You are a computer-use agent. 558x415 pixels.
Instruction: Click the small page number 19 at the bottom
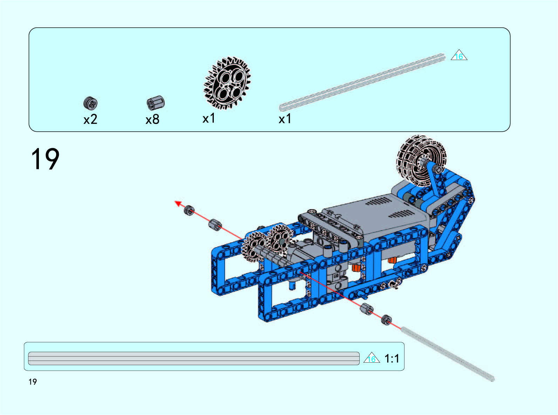click(33, 382)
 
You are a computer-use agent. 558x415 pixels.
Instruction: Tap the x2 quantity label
click(90, 119)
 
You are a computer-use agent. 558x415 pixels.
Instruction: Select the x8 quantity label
click(152, 119)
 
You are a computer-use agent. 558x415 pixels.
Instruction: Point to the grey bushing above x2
click(90, 103)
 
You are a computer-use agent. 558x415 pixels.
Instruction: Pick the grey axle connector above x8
click(156, 103)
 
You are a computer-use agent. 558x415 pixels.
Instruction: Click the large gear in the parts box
click(227, 83)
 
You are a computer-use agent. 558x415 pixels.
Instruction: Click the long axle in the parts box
click(362, 82)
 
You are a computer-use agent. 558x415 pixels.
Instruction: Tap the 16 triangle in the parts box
click(459, 55)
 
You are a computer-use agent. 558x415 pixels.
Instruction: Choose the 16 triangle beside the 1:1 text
click(372, 358)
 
